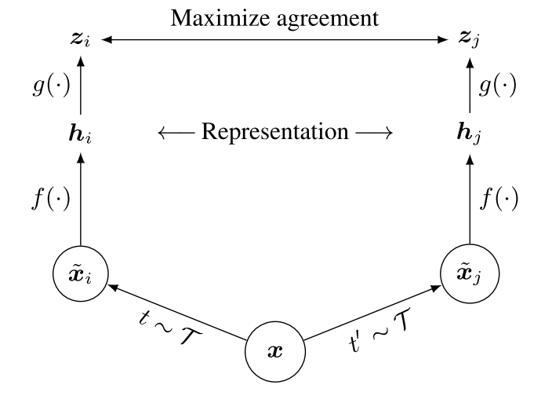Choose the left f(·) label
point(49,200)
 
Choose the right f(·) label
point(499,200)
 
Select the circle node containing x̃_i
point(81,272)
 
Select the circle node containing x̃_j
point(468,272)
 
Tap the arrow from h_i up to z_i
point(81,86)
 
